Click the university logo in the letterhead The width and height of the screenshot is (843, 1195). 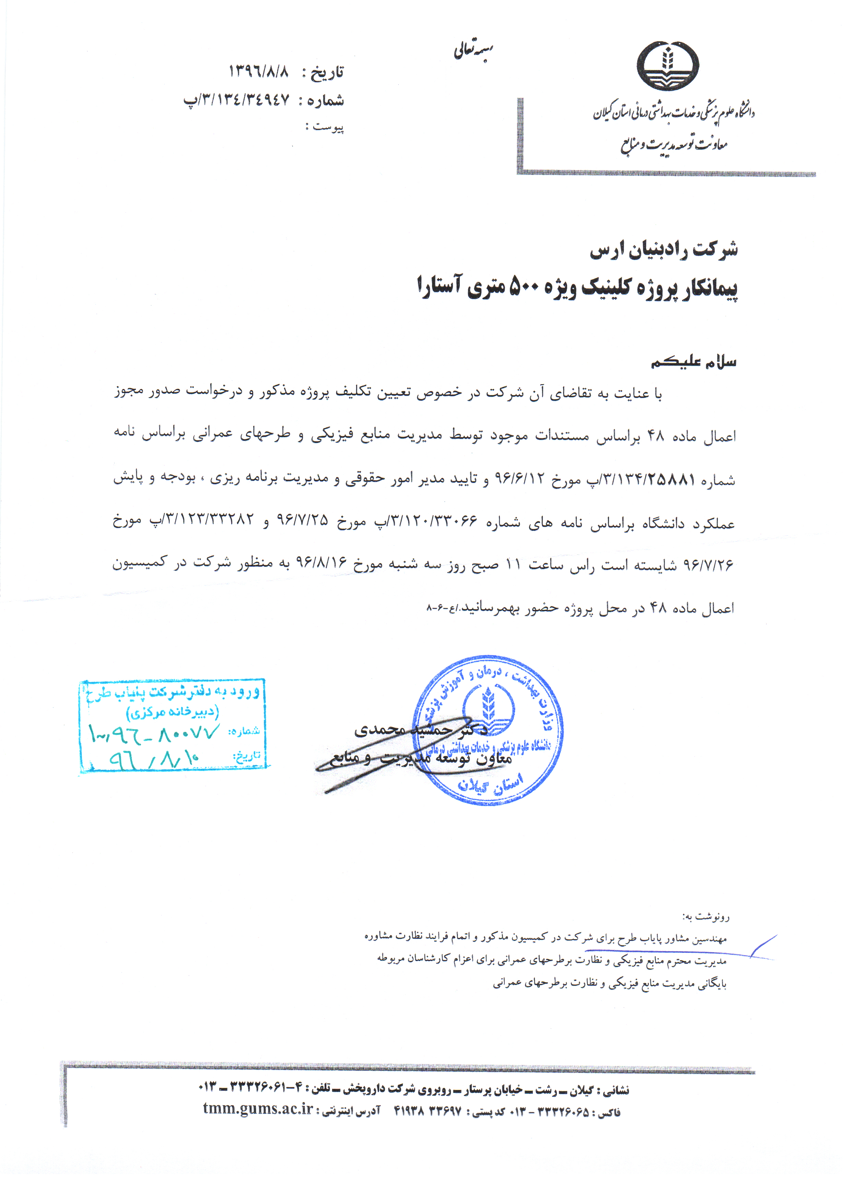(668, 67)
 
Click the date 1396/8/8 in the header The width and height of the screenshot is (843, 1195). (259, 72)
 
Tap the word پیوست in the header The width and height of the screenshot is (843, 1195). (328, 127)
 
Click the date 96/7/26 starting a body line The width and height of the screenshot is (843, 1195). (707, 565)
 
